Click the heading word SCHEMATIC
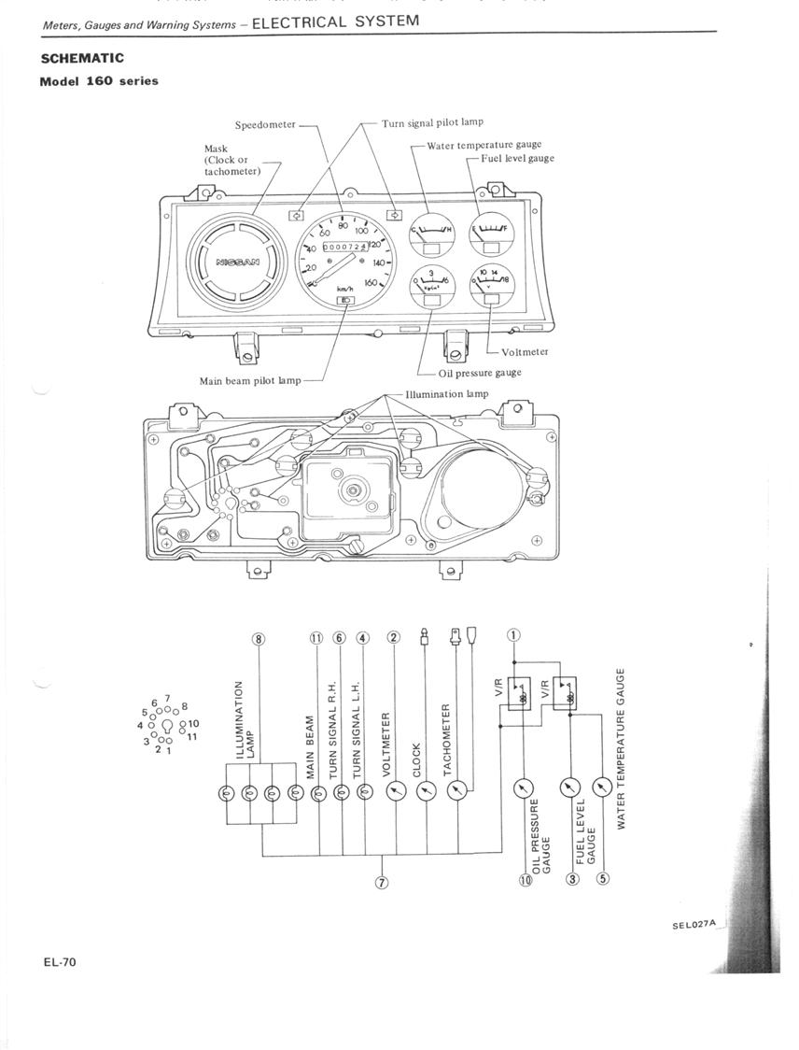(82, 58)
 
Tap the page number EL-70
(58, 962)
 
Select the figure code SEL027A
(693, 924)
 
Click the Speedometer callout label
(265, 125)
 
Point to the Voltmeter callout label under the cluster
(525, 352)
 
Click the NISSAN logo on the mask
(238, 262)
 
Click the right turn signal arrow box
(395, 213)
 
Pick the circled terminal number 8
(259, 639)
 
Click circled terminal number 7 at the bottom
(381, 884)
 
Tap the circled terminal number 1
(512, 636)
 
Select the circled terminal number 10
(526, 880)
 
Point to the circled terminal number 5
(602, 878)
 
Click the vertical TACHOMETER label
(447, 739)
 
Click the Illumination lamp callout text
(447, 394)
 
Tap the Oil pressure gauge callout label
(480, 373)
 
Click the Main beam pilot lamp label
(250, 381)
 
